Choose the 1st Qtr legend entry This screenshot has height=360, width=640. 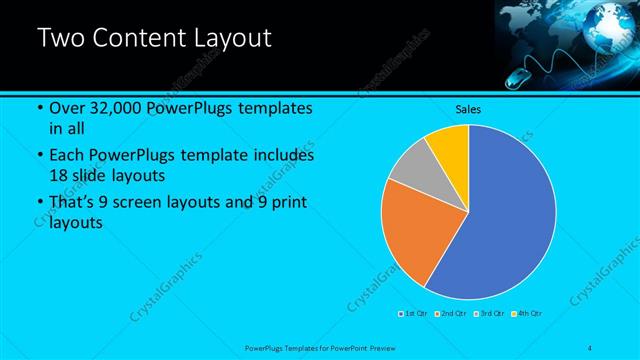coord(414,314)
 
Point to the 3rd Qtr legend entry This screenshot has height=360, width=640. coord(490,314)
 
